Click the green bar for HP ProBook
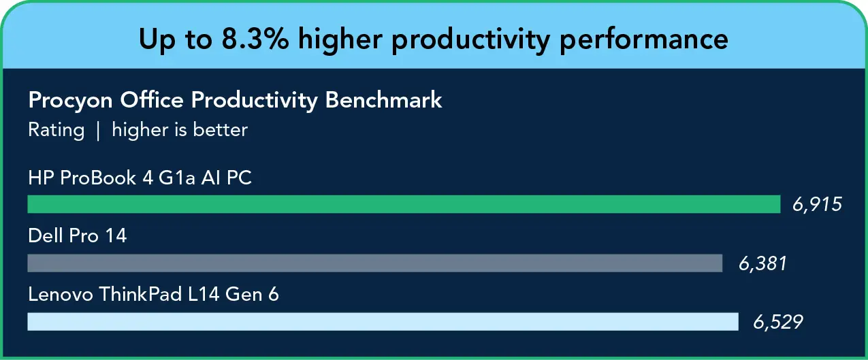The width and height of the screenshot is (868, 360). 404,204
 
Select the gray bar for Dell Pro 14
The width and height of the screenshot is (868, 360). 374,263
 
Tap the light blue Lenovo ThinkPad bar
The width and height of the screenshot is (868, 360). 383,321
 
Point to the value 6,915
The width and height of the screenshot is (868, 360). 817,204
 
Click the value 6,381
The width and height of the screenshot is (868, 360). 762,263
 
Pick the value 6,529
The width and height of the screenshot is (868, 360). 778,321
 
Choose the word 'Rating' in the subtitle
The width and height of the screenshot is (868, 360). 56,129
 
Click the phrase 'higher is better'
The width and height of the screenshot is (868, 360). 180,129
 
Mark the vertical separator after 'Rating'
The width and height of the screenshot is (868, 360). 98,129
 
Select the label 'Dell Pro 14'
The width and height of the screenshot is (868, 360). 78,236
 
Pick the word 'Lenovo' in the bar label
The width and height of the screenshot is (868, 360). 60,295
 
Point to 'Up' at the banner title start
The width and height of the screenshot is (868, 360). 154,39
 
